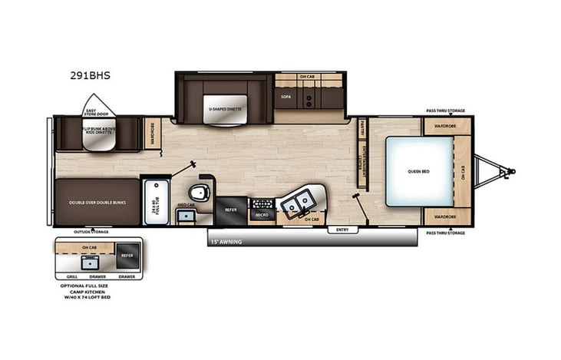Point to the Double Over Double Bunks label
(97, 203)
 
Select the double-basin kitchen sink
(298, 202)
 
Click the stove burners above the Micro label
(262, 203)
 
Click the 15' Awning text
(226, 241)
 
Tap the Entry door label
(341, 230)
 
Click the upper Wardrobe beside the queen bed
(446, 126)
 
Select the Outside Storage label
(91, 231)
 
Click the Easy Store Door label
(96, 113)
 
